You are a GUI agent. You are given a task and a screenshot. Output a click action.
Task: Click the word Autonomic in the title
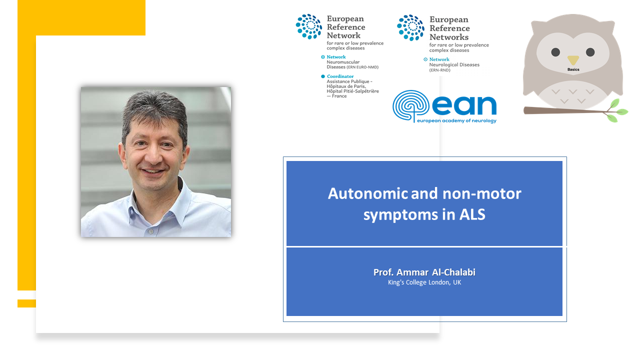(368, 193)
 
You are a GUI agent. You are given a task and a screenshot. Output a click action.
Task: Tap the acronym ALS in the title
(472, 214)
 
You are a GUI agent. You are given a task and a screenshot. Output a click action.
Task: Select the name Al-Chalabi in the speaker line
(453, 272)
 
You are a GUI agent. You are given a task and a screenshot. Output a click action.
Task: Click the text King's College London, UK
(424, 282)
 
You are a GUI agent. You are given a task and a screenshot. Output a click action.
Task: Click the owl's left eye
(555, 52)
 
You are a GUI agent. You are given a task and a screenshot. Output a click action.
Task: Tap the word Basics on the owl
(573, 69)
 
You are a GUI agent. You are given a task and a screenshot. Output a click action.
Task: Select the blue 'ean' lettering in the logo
(464, 105)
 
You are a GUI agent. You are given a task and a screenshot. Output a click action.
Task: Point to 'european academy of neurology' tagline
(456, 120)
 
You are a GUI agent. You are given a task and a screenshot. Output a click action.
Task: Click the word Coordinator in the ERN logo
(340, 76)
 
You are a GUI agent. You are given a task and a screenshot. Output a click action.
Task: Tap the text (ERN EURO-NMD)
(362, 67)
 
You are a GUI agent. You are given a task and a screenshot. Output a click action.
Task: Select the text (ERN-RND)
(439, 70)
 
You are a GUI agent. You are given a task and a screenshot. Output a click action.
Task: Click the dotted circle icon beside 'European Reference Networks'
(410, 27)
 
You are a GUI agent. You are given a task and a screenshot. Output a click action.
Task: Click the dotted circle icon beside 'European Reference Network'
(309, 26)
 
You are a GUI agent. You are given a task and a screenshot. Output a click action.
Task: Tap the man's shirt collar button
(151, 231)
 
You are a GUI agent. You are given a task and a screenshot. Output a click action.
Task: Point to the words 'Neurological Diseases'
(454, 65)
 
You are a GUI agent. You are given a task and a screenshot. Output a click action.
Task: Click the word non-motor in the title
(481, 193)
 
